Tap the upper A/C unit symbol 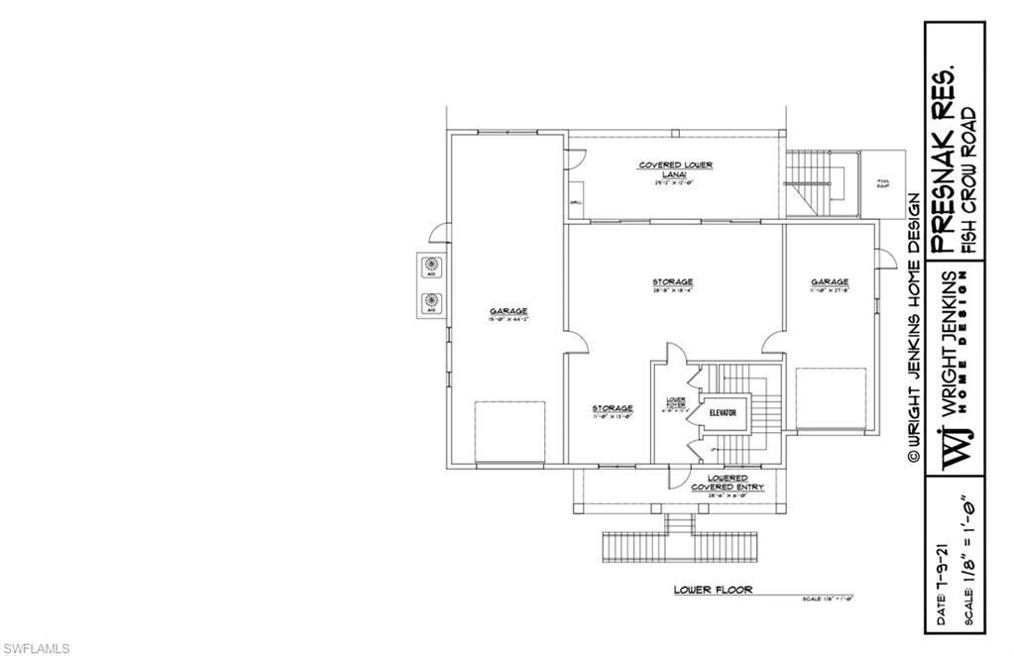(x=431, y=265)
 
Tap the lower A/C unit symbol (x=431, y=299)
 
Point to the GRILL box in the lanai (x=575, y=203)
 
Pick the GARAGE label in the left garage (x=507, y=311)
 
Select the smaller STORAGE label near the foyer (x=613, y=408)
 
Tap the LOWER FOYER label (x=677, y=402)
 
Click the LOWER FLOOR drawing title (x=713, y=590)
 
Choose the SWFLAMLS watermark (x=37, y=648)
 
